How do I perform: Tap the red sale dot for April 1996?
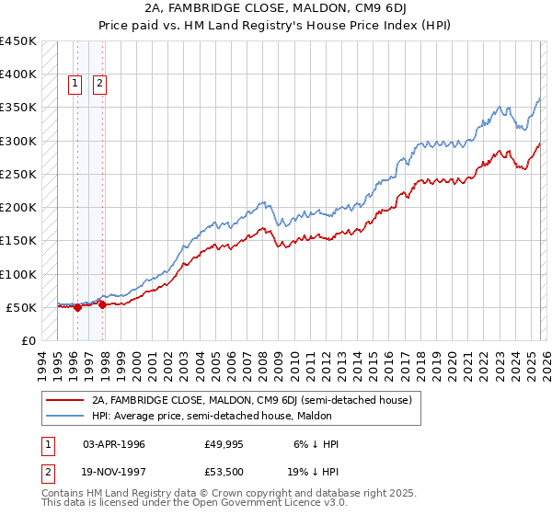77,308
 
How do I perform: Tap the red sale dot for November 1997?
103,305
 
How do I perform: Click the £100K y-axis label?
18,274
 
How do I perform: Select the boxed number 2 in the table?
48,472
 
